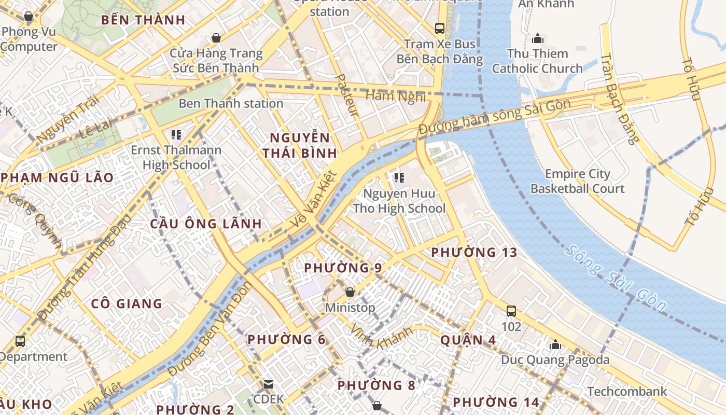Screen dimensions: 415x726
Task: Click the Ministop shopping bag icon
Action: (350, 292)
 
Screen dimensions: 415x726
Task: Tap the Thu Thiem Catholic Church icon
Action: (537, 38)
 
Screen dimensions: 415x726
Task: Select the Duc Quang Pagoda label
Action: (555, 359)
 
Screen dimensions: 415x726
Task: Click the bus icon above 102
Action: (511, 311)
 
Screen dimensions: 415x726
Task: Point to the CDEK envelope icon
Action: (269, 384)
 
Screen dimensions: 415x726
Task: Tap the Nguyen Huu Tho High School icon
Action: (399, 178)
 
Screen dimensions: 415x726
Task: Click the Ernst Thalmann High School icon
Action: (176, 135)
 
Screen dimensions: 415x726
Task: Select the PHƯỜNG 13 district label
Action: (474, 253)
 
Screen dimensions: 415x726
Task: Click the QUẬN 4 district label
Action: (468, 340)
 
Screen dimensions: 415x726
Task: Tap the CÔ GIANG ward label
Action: (127, 303)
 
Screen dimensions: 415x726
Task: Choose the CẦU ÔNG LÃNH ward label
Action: (206, 224)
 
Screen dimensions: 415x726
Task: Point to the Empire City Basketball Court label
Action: (577, 181)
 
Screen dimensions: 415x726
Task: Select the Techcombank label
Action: (627, 391)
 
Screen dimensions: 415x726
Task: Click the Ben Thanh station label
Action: (231, 103)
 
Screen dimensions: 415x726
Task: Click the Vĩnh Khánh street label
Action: (381, 336)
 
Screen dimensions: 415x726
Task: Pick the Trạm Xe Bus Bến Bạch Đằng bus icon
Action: (440, 28)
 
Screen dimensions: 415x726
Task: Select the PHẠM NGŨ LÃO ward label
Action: (57, 177)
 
